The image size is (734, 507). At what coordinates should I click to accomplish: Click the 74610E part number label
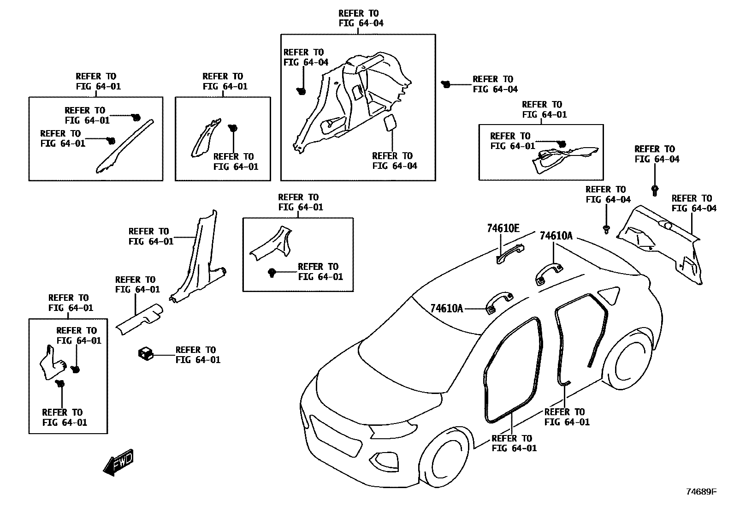click(x=503, y=228)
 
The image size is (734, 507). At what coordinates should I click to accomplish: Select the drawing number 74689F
click(x=701, y=492)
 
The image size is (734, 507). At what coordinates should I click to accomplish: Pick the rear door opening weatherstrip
click(x=576, y=332)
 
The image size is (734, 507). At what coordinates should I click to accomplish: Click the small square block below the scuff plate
click(x=145, y=354)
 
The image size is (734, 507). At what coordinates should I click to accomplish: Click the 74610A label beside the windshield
click(x=446, y=308)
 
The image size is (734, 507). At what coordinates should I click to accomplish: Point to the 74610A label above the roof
click(x=556, y=236)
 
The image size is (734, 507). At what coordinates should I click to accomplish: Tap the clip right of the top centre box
click(x=446, y=84)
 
